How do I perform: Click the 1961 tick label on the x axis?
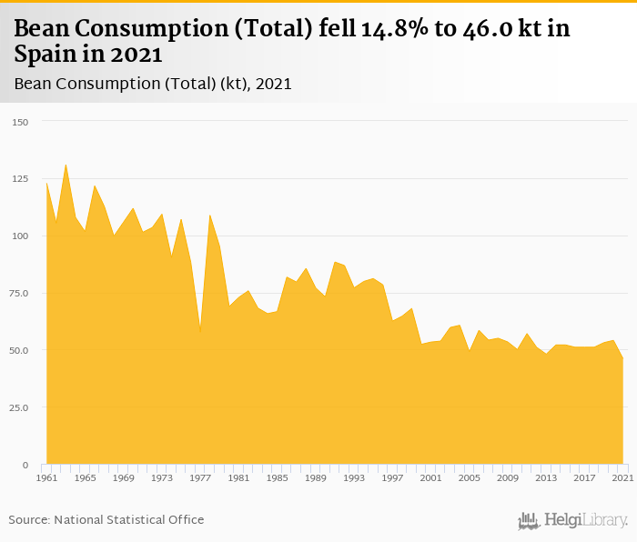tap(46, 477)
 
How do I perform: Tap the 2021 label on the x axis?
tap(622, 477)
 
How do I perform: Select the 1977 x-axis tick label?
tap(200, 477)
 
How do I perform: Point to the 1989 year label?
tap(315, 477)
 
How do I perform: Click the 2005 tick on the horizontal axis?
tap(469, 477)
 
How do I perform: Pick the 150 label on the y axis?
tap(21, 122)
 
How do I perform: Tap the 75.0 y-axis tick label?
tap(18, 293)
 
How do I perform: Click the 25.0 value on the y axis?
tap(18, 407)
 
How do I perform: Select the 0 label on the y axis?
tap(25, 465)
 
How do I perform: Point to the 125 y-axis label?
tap(21, 179)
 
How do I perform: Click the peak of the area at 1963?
tap(66, 165)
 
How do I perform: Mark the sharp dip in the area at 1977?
tap(200, 331)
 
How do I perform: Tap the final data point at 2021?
tap(622, 358)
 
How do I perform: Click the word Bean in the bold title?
tap(42, 29)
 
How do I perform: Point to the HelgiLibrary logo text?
tap(585, 521)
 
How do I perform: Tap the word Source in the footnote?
tap(29, 519)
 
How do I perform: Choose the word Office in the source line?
tap(184, 519)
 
